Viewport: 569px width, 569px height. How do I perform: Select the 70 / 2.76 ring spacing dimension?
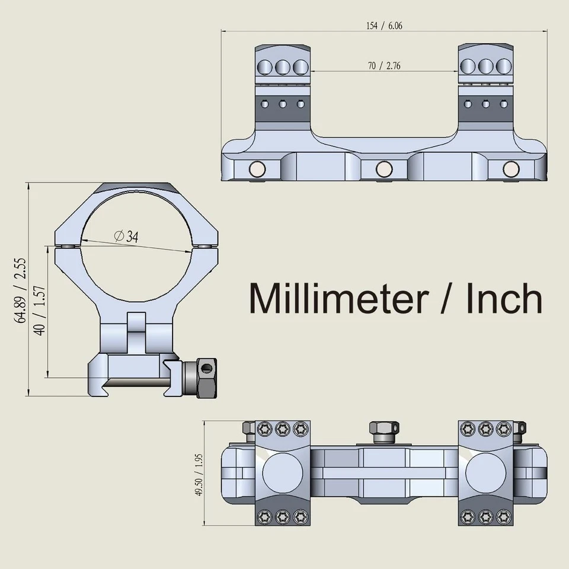tap(384, 66)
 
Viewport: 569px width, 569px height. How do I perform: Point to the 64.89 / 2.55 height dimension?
tap(22, 289)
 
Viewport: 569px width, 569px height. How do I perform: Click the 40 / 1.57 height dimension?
tap(40, 311)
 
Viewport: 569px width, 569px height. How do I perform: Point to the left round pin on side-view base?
tap(258, 170)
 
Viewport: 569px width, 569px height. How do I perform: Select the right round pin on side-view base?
tap(510, 170)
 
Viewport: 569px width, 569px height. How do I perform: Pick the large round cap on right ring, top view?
tap(485, 474)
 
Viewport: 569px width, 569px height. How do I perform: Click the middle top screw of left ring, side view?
tap(283, 66)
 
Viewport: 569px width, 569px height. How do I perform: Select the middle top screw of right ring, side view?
tap(486, 66)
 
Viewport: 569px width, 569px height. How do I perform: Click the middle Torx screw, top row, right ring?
tap(486, 429)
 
